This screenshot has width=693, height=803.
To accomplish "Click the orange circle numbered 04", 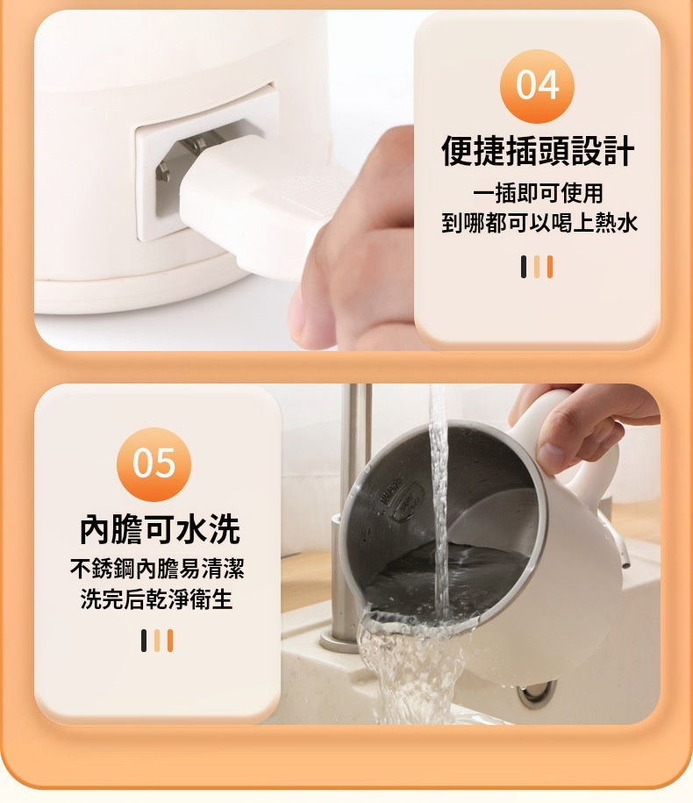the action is pos(537,86).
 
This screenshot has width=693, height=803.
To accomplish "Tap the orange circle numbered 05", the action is pos(154,464).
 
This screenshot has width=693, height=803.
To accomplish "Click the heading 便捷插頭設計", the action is pos(538,151).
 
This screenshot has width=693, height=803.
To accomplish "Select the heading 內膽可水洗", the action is pos(160,529).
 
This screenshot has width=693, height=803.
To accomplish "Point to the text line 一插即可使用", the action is pos(538,193).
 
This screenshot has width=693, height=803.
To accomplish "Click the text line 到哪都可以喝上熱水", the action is pos(539,223).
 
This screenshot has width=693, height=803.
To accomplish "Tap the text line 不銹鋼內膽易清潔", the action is pos(157,569).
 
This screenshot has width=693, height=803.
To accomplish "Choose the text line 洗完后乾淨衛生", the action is pos(157,599).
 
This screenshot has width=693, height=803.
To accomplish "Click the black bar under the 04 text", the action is pos(524,267).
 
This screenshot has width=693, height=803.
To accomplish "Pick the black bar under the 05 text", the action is pos(144,641).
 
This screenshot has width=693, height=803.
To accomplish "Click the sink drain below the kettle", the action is pos(536,691).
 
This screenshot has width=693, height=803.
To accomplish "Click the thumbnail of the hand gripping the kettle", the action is pos(551,453).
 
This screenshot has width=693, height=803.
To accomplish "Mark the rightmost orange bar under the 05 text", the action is pos(170,641).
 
